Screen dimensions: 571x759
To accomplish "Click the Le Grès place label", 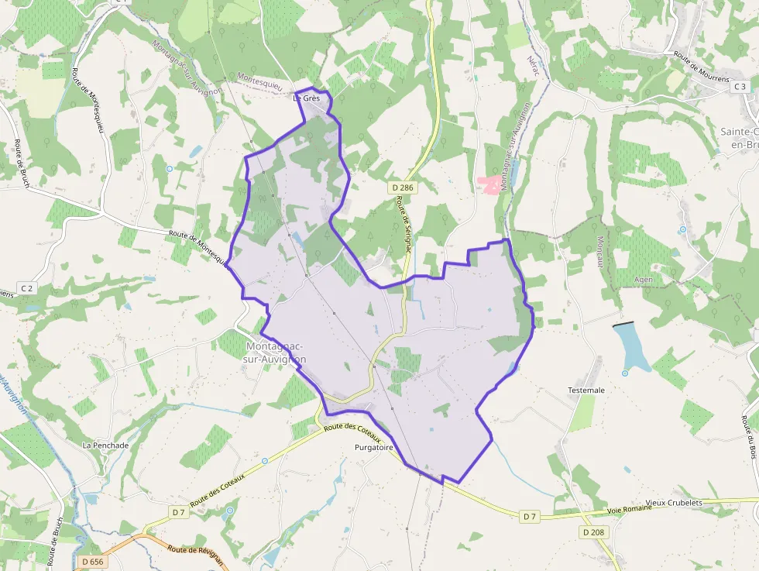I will [307, 98].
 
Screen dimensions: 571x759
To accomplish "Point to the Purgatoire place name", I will [374, 448].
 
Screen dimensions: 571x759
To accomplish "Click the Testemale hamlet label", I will [586, 390].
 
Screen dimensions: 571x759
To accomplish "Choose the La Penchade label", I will [105, 445].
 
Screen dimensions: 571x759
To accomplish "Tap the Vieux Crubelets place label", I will [673, 503].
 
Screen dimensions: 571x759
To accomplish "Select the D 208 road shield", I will [592, 532].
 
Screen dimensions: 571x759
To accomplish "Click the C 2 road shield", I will [27, 288].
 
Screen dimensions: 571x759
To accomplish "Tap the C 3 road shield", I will [740, 87].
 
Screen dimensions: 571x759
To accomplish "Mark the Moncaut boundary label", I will [600, 253].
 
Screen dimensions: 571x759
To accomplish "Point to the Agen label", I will [643, 279].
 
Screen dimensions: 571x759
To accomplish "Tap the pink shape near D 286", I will [489, 184].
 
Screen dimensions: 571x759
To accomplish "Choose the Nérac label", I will [531, 67].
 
